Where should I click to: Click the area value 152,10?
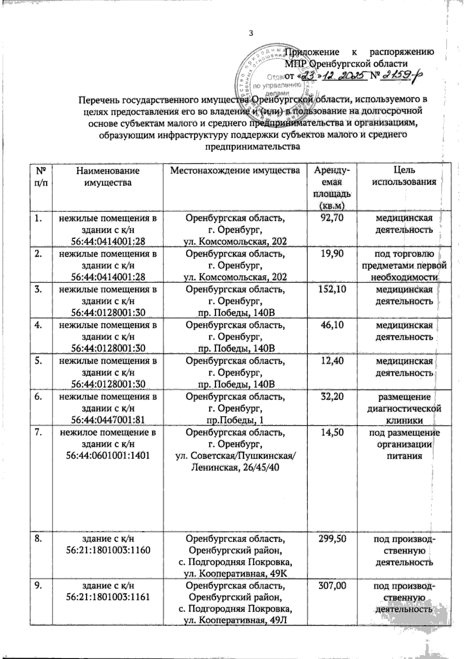[331, 290]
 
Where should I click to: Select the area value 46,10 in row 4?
[331, 325]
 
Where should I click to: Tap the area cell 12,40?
[331, 361]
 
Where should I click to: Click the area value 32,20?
[331, 397]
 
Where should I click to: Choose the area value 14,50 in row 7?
[331, 432]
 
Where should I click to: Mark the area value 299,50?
[331, 539]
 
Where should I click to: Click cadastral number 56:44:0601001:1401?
[108, 455]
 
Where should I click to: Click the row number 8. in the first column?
[39, 539]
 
